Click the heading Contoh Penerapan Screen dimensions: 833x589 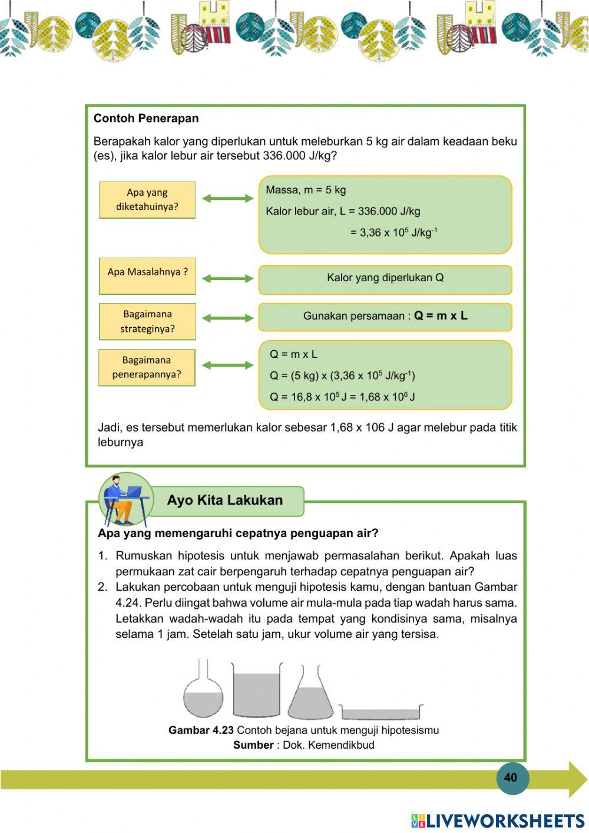[146, 118]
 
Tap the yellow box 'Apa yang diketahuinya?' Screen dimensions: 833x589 [147, 200]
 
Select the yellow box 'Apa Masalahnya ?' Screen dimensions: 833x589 [147, 275]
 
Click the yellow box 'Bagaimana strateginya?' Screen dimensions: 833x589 [147, 321]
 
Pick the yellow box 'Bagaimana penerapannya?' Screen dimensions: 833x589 [147, 367]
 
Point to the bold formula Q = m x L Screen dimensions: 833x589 [441, 316]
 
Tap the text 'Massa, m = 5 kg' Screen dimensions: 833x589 [306, 190]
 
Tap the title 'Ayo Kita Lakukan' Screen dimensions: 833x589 [224, 501]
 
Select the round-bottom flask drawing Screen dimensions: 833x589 [203, 690]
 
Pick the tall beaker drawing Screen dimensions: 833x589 [256, 690]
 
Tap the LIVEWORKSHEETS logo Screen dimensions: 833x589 [498, 821]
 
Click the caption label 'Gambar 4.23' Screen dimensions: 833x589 [201, 730]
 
